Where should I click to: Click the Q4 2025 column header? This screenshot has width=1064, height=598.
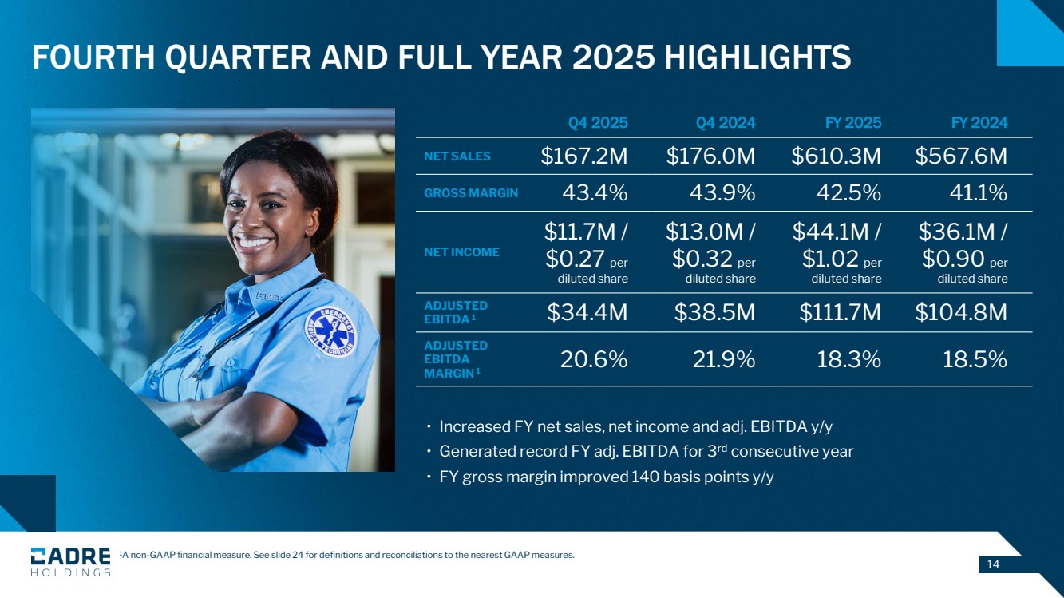point(598,123)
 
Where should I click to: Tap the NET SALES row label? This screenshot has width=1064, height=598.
point(457,156)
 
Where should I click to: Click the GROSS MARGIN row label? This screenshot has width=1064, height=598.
point(471,193)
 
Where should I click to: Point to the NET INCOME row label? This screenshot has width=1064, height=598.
point(462,252)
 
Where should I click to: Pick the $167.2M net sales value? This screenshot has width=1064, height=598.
point(584,156)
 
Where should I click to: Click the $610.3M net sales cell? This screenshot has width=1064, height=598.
point(837,156)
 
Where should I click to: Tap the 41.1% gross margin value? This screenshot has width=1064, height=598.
point(975,193)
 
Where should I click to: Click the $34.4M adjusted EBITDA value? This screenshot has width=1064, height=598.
point(587,313)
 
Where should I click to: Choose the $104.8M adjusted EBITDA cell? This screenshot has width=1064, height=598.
point(961,313)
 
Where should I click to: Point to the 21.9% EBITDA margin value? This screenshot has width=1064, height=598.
point(725,360)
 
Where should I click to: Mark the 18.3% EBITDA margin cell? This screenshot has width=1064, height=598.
point(848,360)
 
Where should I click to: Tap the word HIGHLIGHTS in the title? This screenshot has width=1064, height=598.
point(757,57)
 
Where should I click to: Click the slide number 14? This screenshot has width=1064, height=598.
point(993,565)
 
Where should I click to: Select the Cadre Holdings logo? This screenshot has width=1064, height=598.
point(70,561)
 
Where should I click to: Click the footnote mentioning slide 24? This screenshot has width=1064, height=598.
point(346,556)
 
